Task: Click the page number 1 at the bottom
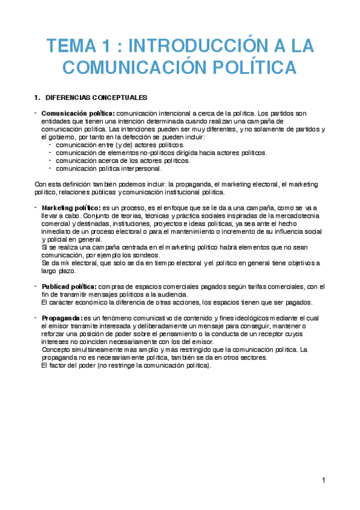(323, 480)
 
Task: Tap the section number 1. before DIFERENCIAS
(38, 97)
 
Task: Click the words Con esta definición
(63, 185)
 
